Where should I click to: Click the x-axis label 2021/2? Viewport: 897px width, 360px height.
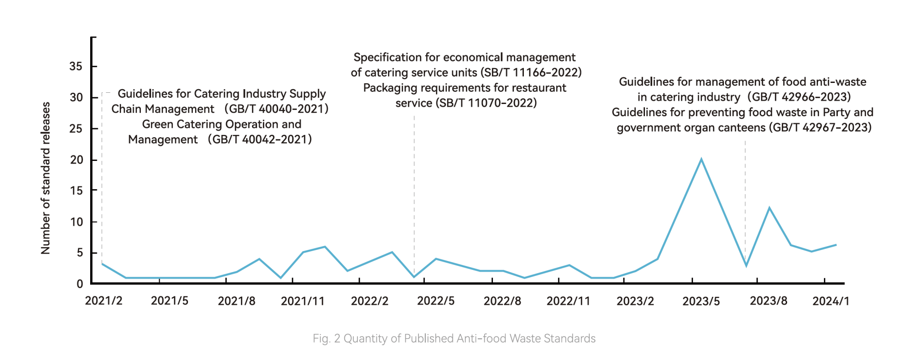coord(104,301)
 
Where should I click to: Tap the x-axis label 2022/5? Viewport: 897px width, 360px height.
coord(435,301)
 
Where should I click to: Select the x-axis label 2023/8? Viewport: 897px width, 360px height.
coord(768,301)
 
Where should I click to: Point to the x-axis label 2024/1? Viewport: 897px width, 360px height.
coord(831,301)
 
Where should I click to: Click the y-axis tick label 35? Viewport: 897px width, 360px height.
coord(76,67)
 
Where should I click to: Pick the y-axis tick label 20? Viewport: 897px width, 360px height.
coord(76,160)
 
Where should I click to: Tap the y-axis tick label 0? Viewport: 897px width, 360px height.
coord(80,284)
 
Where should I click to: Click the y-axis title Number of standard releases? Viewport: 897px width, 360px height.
coord(46,178)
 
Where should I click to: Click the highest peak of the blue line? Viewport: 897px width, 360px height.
coord(701,159)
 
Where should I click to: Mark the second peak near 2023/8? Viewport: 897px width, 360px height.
coord(769,208)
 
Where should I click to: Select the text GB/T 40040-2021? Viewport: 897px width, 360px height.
coord(276,109)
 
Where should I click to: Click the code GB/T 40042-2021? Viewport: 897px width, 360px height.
coord(260,139)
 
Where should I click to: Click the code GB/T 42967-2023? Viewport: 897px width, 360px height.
coord(820,128)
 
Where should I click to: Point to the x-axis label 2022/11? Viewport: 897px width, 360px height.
coord(568,301)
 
